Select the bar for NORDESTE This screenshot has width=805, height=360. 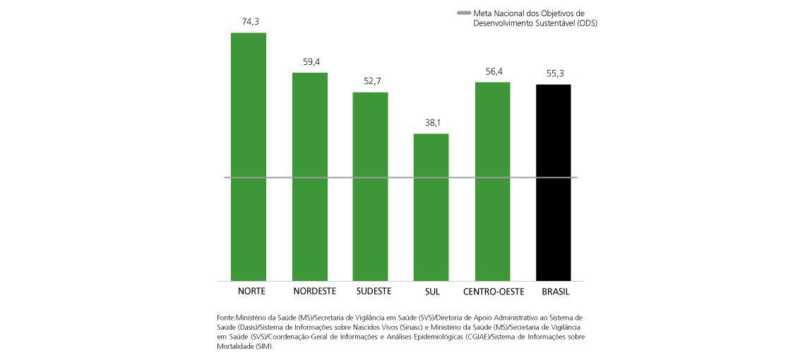310,176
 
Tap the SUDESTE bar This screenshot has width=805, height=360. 371,186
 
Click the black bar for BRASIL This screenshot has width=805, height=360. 554,182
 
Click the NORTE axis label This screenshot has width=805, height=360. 251,291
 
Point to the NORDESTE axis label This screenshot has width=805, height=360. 313,291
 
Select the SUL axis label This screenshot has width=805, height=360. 432,291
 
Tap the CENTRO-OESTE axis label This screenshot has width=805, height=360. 493,291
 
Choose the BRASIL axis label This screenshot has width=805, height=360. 555,291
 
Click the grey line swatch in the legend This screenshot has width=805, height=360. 464,13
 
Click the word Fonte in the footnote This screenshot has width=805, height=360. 226,318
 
